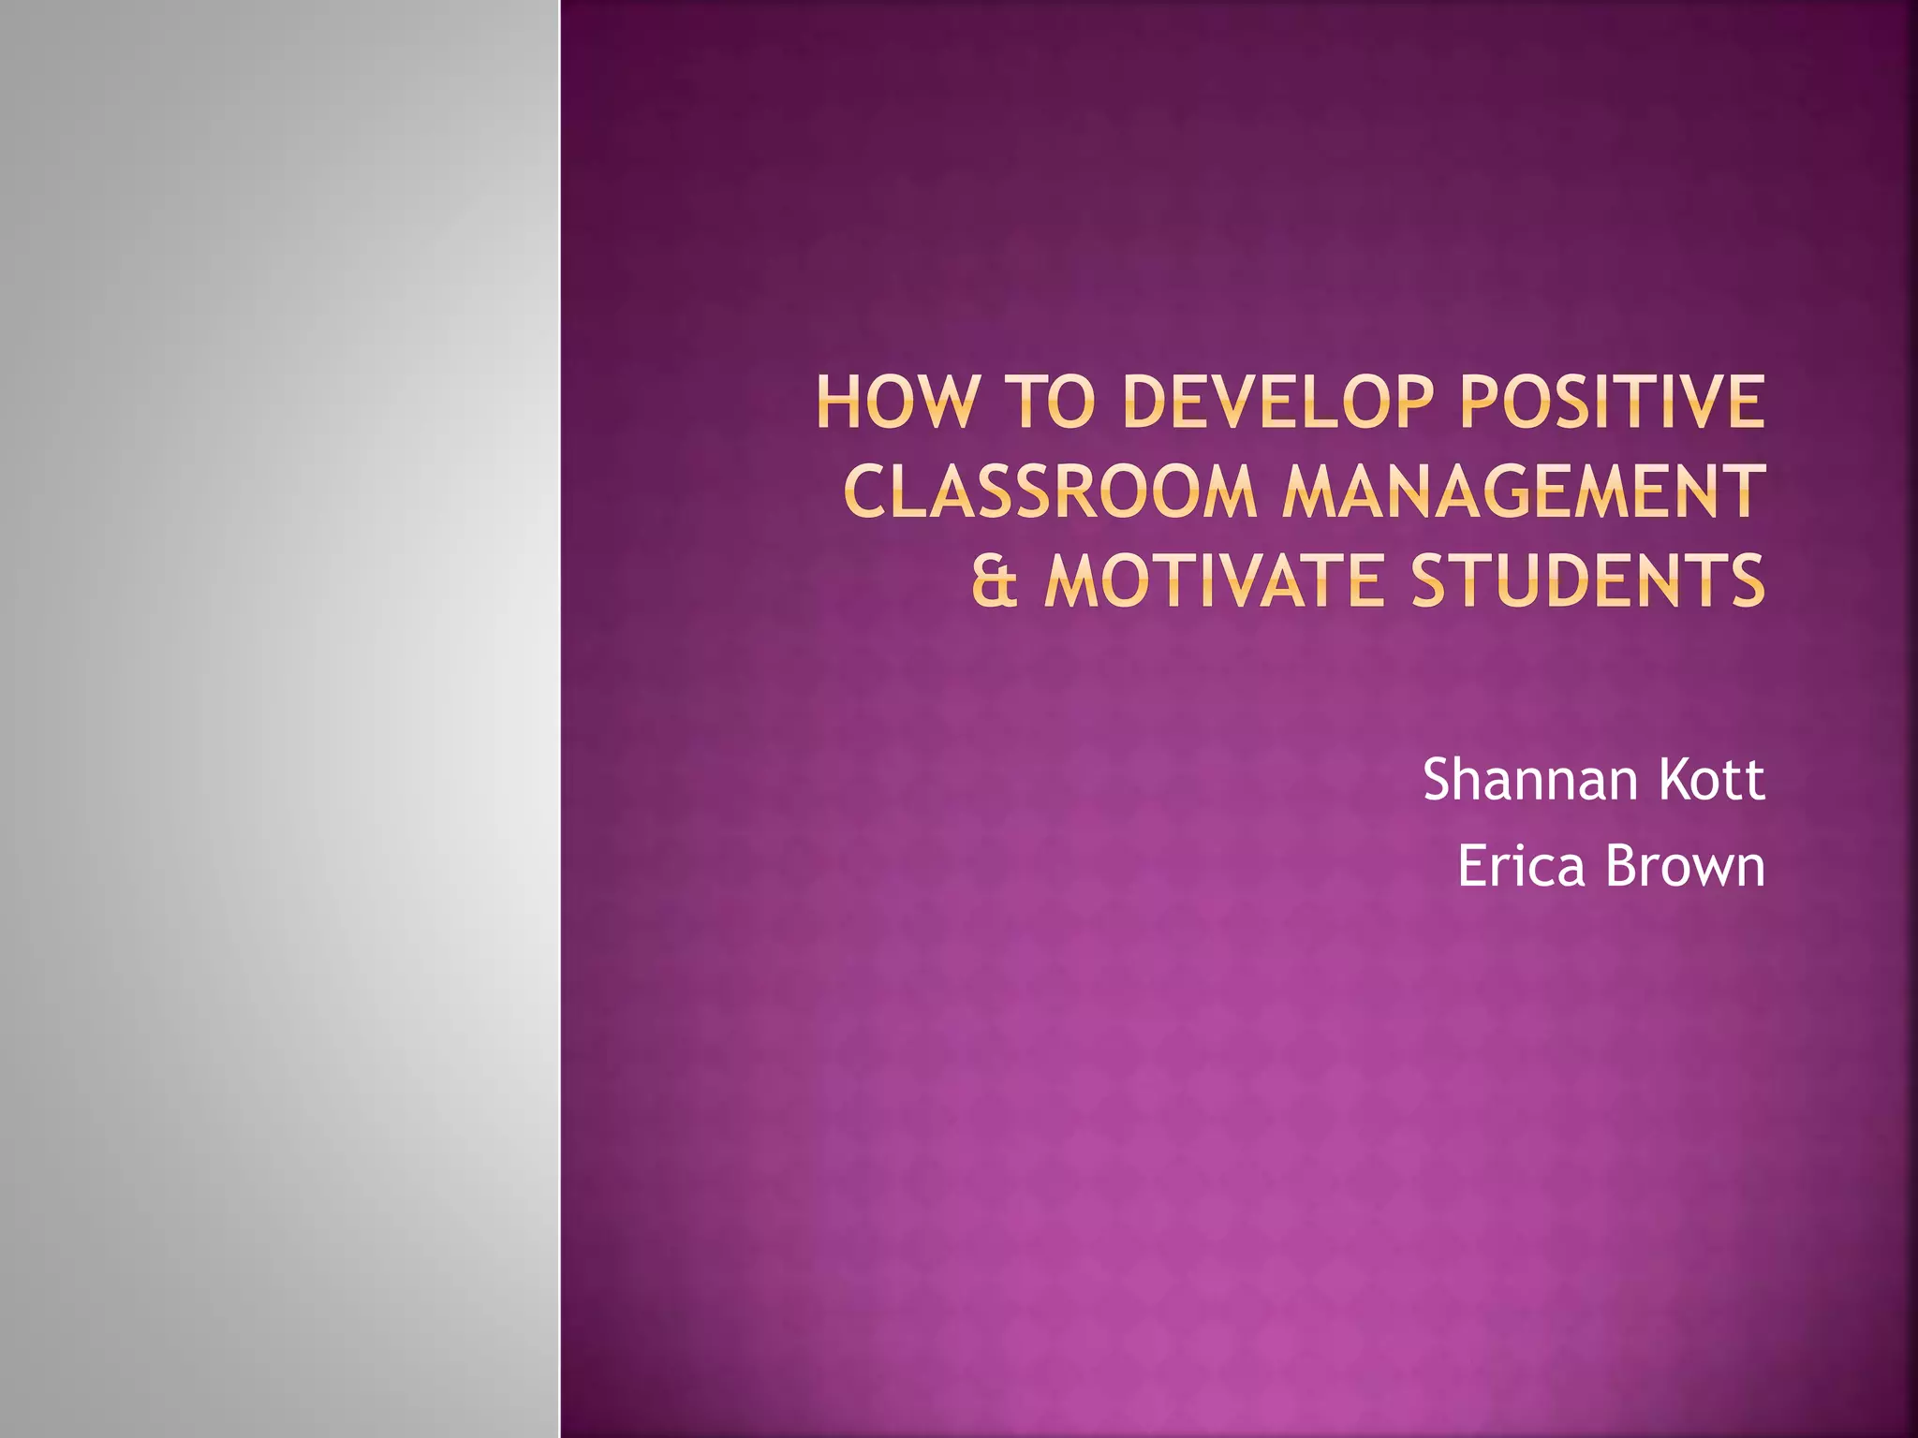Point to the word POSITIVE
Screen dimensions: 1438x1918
(1611, 403)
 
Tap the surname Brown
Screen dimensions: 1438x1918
(1685, 866)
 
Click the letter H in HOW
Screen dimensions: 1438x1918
(838, 403)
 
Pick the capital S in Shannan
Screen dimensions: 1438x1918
(1439, 779)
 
